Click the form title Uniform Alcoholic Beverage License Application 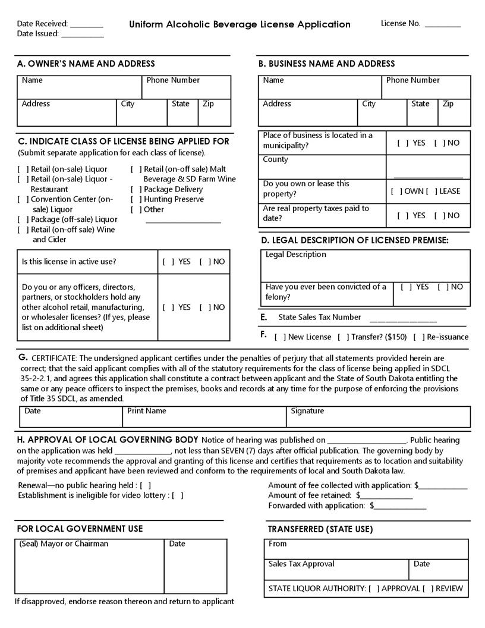240,24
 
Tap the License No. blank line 443,25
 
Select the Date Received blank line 87,25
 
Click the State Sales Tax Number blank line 403,319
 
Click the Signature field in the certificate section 377,417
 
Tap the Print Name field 204,417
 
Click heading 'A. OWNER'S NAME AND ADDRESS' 87,64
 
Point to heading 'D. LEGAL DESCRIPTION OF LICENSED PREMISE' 355,240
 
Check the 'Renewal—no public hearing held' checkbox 145,485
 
